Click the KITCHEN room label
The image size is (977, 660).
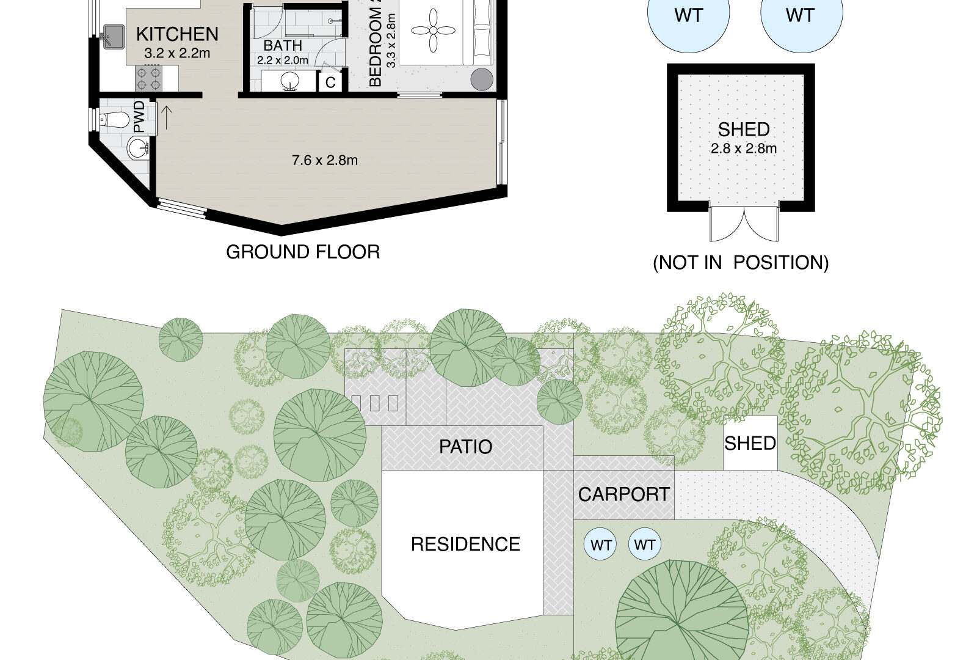coord(177,34)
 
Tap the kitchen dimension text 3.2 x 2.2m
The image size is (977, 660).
coord(177,53)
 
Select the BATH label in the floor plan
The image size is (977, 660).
coord(283,45)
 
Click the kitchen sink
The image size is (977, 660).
coord(113,37)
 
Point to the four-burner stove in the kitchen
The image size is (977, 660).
coord(149,78)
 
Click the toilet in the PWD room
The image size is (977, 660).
coord(114,119)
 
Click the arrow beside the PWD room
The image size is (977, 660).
coord(166,118)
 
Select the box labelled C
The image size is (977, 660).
coord(330,82)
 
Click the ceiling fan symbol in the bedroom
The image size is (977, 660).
coord(433,31)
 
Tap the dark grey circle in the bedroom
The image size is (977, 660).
coord(482,79)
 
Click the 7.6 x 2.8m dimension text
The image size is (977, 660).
coord(325,161)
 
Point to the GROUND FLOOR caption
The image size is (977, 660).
coord(303,252)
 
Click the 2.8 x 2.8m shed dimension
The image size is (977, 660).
coord(744,149)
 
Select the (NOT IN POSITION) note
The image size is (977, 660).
coord(741,263)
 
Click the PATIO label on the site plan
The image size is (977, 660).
coord(465,447)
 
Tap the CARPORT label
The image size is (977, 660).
coord(623,494)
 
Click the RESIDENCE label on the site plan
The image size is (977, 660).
coord(465,544)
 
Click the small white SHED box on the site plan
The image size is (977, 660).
coord(750,443)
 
